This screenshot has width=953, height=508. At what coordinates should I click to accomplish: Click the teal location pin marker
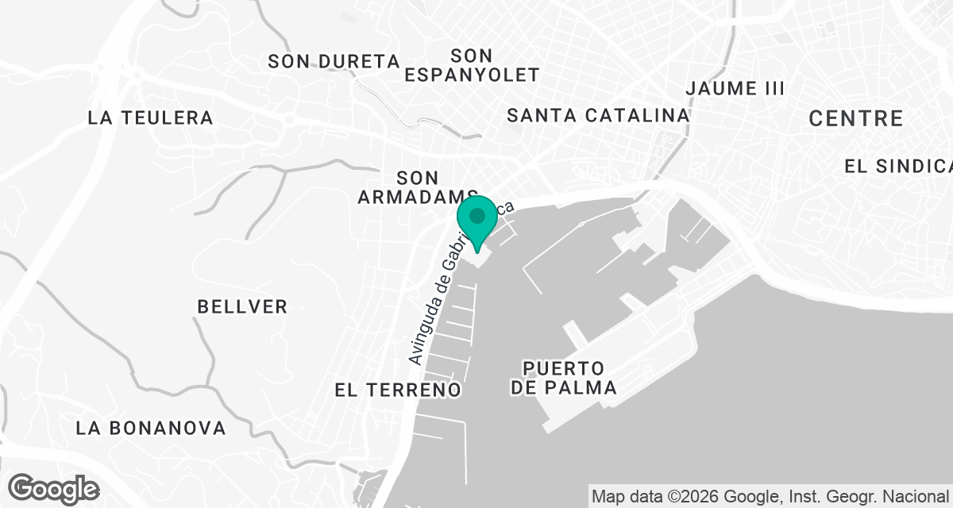477,222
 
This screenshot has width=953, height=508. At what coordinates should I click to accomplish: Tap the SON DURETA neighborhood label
333,61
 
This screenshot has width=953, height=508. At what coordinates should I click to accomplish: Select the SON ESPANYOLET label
472,65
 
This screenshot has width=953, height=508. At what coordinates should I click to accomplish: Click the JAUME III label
735,88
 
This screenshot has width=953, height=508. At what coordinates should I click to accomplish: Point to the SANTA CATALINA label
598,115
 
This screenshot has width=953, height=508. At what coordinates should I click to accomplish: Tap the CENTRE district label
855,119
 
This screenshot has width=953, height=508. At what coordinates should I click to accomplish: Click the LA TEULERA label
151,118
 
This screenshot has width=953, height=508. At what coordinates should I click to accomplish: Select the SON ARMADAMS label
417,187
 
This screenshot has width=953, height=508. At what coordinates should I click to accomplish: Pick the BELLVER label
242,306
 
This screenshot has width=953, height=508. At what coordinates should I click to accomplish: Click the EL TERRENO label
398,390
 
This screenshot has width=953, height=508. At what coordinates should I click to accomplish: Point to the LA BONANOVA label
151,429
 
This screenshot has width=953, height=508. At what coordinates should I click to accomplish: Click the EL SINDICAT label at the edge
898,166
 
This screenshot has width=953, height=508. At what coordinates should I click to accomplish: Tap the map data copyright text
770,496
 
